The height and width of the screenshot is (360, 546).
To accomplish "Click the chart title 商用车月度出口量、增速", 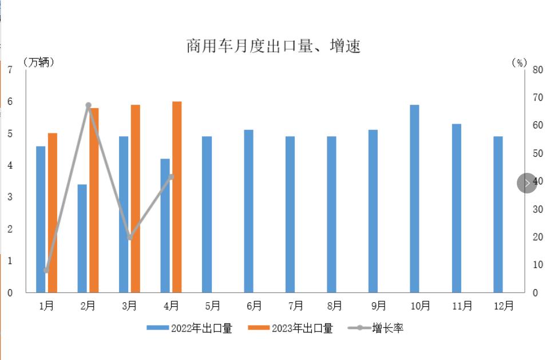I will coord(273,46).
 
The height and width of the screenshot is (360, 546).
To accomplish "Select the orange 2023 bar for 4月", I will coord(177,197).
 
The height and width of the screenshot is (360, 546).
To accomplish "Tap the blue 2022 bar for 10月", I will coord(414,199).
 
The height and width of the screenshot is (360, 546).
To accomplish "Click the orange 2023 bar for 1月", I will coord(53,213).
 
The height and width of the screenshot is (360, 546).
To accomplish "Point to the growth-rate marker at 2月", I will coord(88,105).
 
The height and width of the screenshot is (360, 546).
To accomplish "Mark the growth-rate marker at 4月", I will coord(171,177).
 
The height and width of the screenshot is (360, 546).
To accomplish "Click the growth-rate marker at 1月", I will coord(46,270).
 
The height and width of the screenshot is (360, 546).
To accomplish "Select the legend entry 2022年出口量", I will coord(189,328).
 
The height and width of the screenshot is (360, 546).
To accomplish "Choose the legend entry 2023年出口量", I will coord(290,328).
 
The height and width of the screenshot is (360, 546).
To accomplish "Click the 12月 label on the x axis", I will coord(504,306).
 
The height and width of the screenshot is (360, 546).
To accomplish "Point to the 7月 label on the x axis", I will coord(296,306).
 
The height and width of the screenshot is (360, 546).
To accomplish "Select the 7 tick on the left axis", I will coord(10,70).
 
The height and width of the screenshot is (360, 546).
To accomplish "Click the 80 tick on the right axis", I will coord(537,70).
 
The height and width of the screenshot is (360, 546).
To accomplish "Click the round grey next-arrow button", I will coord(527,183).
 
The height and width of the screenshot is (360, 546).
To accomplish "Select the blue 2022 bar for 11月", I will coord(456,208).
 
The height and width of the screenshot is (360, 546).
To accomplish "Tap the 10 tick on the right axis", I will coord(537,264).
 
